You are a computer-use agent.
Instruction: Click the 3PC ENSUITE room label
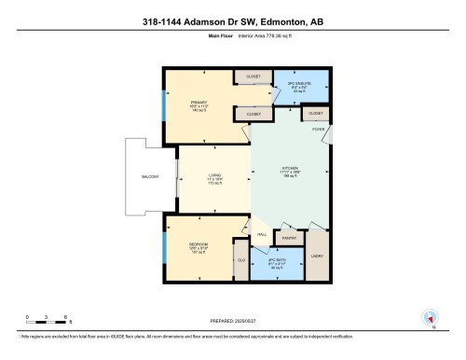[298, 85]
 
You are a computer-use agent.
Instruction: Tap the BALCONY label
[150, 176]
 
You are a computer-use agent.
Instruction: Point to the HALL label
[262, 234]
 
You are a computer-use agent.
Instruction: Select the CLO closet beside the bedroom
[240, 260]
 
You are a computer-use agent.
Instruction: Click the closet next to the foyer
[315, 114]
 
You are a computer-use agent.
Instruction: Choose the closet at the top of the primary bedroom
[253, 76]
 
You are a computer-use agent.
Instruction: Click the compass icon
[430, 317]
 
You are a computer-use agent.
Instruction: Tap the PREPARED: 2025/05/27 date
[234, 317]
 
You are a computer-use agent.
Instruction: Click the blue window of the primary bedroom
[163, 105]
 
